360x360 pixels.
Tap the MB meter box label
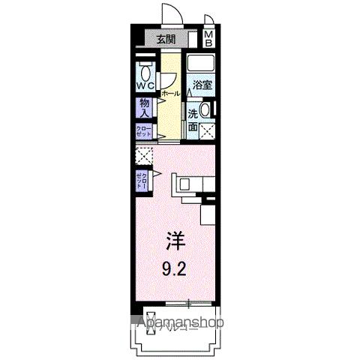(x=209, y=38)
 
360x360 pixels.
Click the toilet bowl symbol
(x=145, y=72)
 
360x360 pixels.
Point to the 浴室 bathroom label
(x=201, y=85)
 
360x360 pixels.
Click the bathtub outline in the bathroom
(x=201, y=64)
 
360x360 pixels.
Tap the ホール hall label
(x=170, y=94)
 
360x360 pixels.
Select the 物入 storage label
(x=145, y=107)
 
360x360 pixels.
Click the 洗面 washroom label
(x=193, y=121)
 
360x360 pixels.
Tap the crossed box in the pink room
(x=143, y=155)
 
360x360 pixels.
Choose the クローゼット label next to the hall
(x=144, y=130)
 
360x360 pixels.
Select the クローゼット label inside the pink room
(x=142, y=180)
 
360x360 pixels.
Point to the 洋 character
(x=174, y=240)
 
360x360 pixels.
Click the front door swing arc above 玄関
(x=169, y=15)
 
